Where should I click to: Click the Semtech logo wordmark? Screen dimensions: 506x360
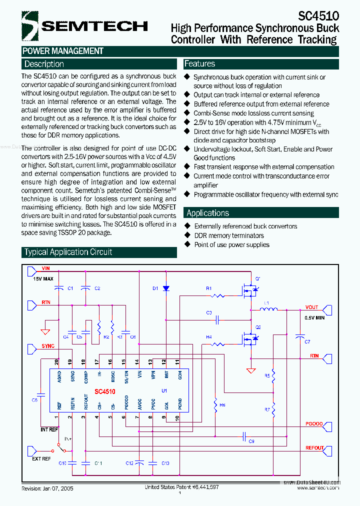click(94, 26)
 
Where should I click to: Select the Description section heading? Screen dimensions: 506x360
click(44, 64)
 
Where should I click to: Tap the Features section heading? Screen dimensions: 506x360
click(199, 63)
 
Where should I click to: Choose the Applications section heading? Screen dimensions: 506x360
click(207, 212)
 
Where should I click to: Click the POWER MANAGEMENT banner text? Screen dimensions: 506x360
click(63, 51)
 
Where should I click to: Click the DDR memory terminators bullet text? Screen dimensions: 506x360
click(229, 235)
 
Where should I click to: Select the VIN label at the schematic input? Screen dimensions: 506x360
click(46, 268)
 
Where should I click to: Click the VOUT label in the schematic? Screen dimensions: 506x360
click(312, 307)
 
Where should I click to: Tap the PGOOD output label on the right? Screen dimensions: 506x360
click(314, 423)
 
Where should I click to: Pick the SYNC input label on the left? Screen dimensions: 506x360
click(48, 346)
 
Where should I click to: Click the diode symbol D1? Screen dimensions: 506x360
click(166, 288)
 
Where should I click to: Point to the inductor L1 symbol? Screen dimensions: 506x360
click(269, 309)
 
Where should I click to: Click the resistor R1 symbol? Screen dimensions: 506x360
click(218, 295)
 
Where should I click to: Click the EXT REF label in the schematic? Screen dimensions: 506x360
click(41, 458)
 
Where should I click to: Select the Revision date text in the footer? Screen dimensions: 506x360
click(47, 488)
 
